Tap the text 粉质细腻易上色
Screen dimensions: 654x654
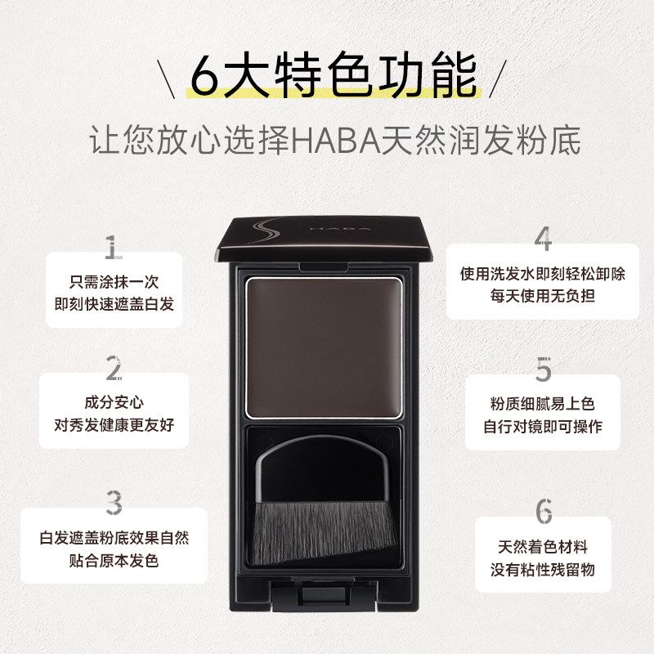[543, 404]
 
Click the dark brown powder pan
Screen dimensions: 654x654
[325, 342]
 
